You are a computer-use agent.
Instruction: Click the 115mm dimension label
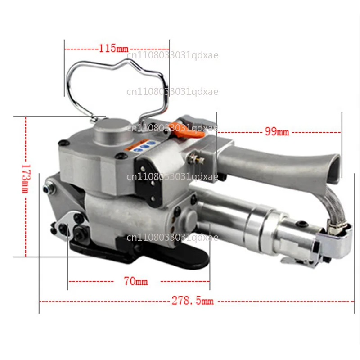pyautogui.click(x=113, y=49)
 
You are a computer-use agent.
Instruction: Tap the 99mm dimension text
pyautogui.click(x=277, y=131)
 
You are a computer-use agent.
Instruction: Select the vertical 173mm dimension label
pyautogui.click(x=26, y=178)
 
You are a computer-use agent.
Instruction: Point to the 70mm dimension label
pyautogui.click(x=136, y=281)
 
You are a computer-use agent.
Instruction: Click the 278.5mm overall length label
pyautogui.click(x=193, y=301)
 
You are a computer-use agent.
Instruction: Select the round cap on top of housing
pyautogui.click(x=113, y=131)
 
